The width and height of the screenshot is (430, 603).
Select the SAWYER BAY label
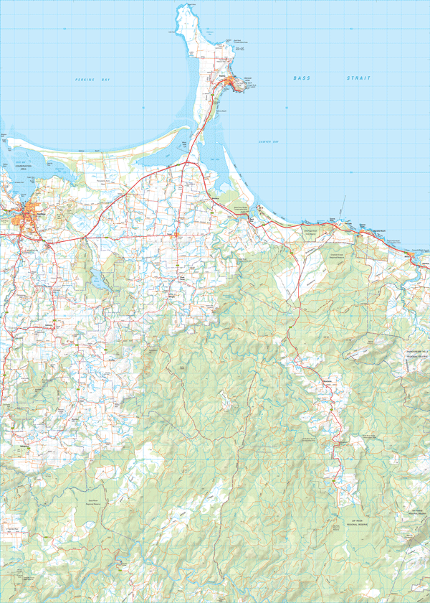(x=268, y=142)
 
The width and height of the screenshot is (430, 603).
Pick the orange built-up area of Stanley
(x=231, y=87)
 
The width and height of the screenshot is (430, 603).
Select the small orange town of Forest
(x=177, y=234)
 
